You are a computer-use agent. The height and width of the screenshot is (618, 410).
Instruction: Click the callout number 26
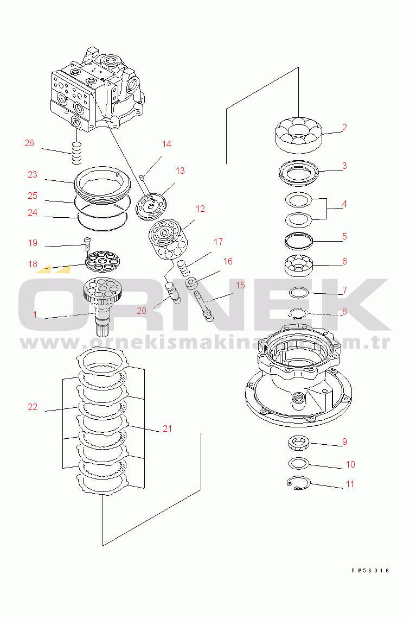coord(29,143)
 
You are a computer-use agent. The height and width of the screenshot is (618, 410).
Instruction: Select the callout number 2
coord(344,128)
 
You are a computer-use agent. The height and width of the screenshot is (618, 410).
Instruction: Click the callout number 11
coord(350,484)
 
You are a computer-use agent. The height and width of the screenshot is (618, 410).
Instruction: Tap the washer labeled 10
coord(297,463)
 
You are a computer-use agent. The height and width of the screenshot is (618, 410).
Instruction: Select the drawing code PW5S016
coord(370,571)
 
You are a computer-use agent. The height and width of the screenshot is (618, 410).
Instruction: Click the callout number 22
coord(33,407)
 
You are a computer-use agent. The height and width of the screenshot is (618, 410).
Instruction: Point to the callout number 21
coord(167,428)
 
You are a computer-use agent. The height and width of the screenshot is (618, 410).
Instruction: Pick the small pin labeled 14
coord(142,178)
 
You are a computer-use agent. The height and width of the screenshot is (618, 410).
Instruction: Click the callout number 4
coord(344,204)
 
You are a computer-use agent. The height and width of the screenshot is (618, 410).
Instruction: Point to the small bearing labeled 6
coord(299,264)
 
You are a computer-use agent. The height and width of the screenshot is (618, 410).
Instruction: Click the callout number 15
coord(239,285)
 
